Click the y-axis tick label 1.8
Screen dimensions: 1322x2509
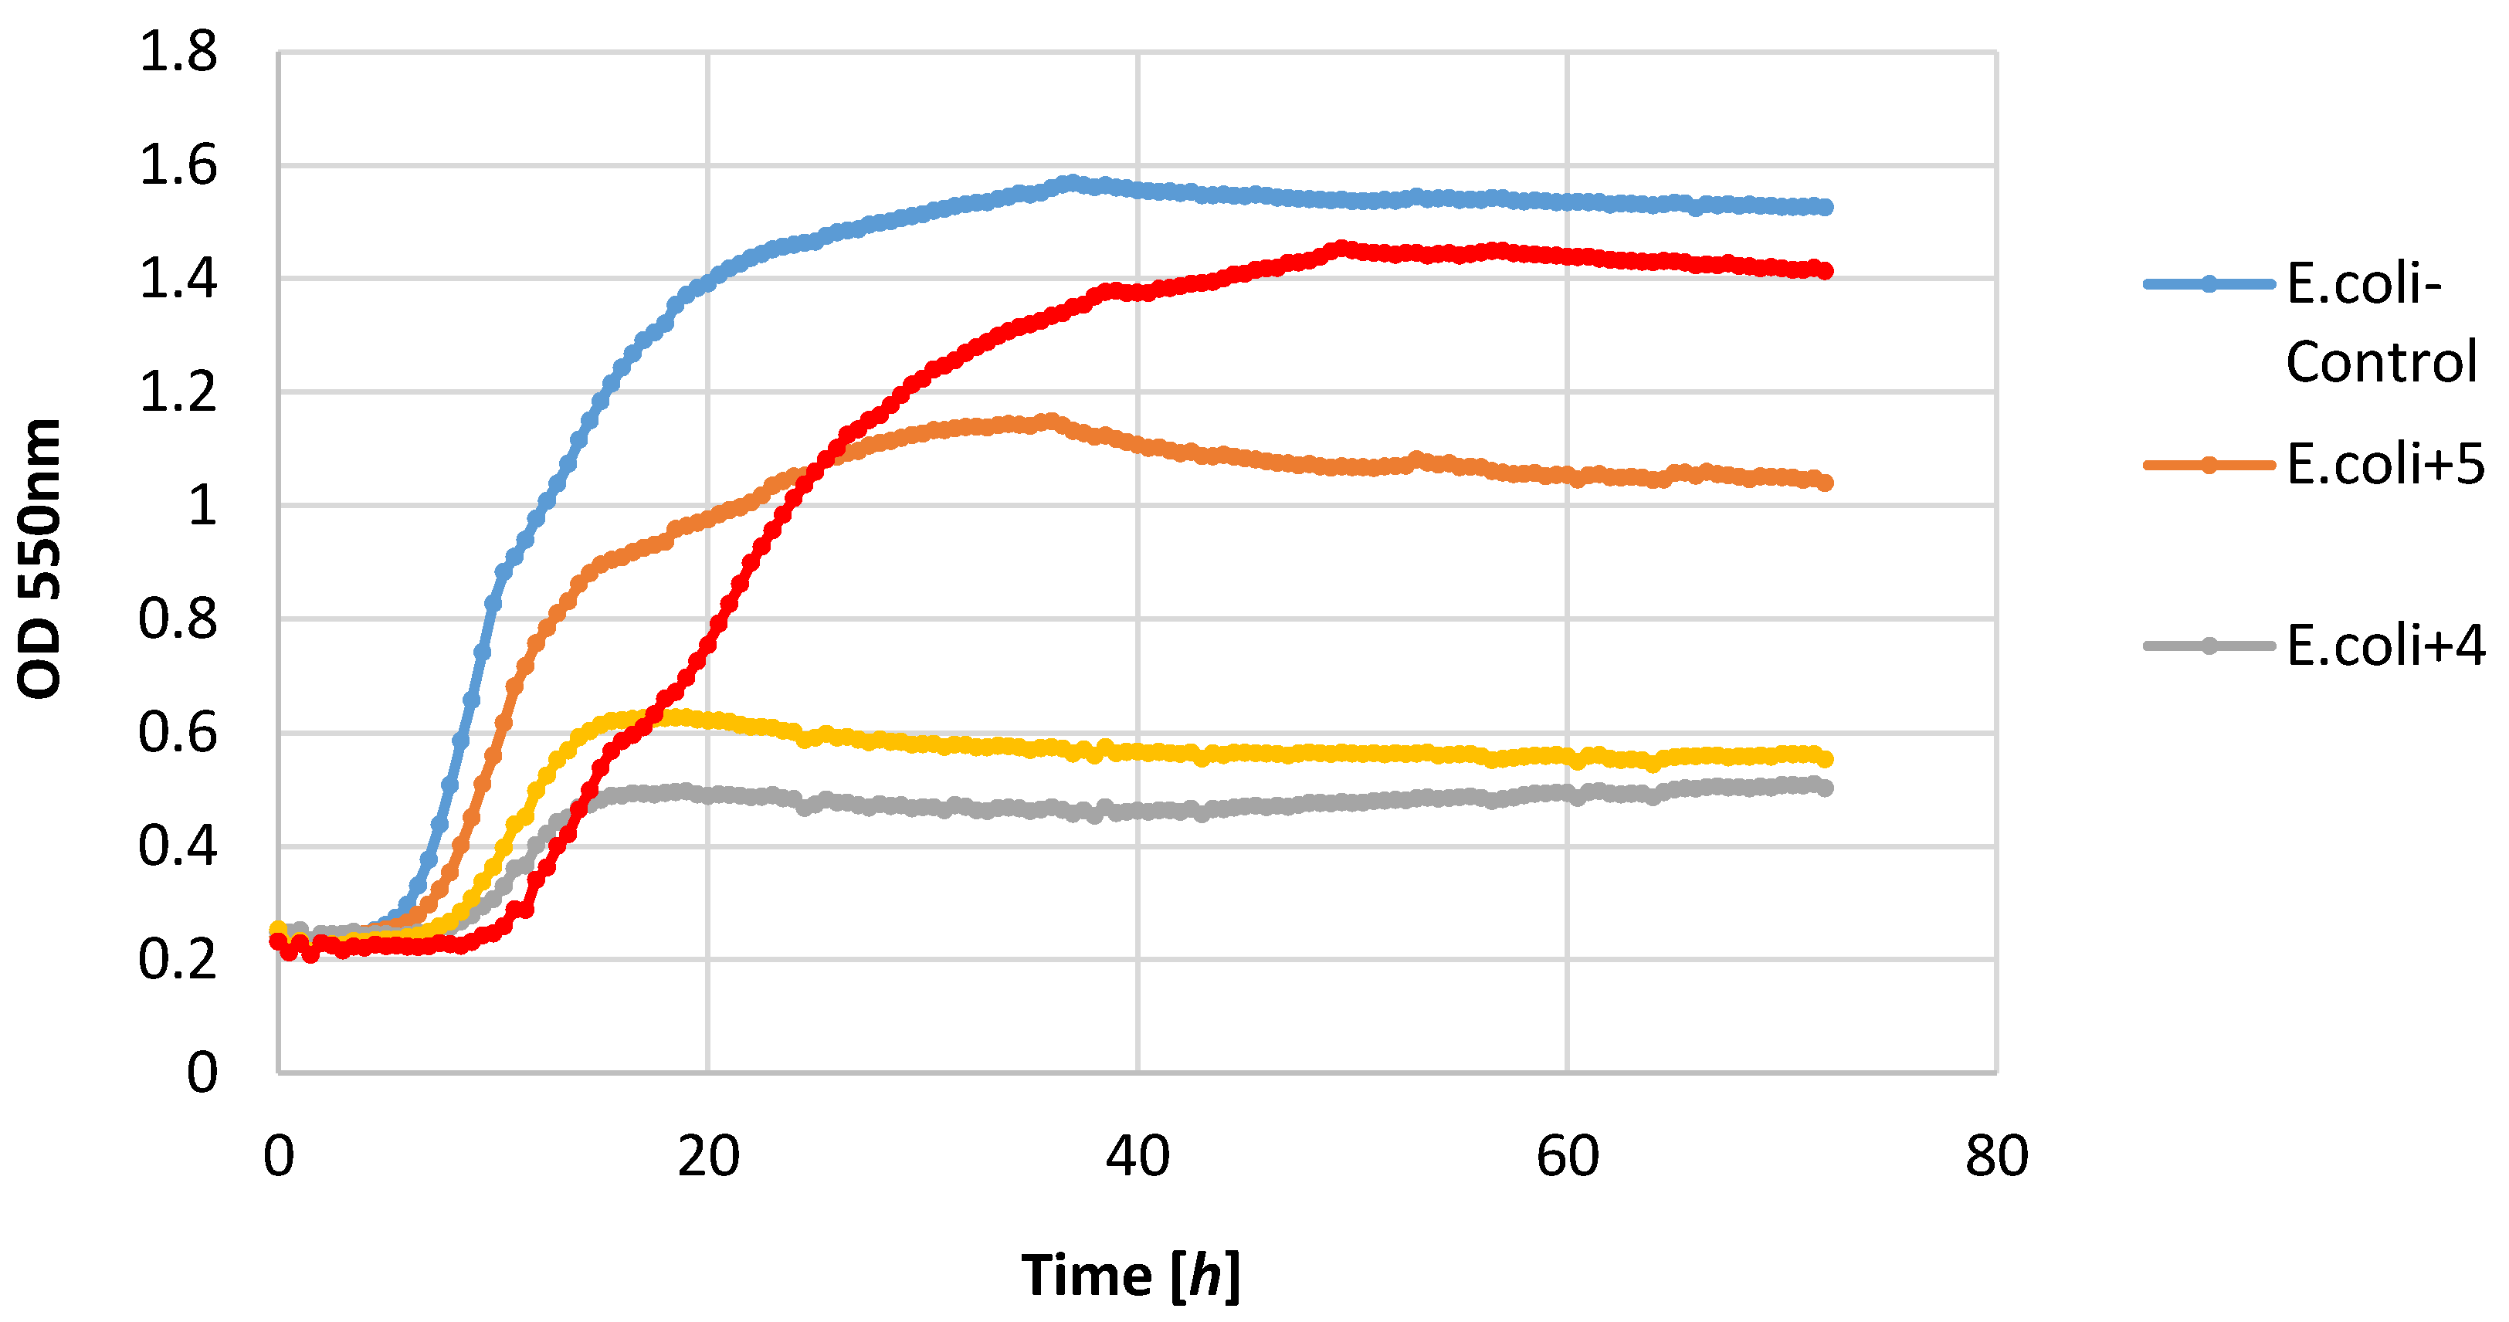click(x=178, y=52)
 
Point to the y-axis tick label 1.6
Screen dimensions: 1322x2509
click(x=178, y=165)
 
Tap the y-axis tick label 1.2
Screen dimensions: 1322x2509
click(x=178, y=392)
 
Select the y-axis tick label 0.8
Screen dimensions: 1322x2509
click(x=178, y=619)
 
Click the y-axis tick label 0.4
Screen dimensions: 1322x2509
click(x=178, y=846)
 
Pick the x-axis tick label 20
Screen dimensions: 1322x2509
click(x=708, y=1158)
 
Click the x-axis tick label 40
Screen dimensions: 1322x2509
click(x=1138, y=1158)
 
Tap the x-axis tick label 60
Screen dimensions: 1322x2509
click(x=1567, y=1158)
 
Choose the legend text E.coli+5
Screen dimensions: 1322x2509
click(x=2385, y=464)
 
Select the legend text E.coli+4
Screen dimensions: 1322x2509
click(x=2385, y=645)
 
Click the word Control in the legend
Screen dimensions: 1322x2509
click(x=2381, y=362)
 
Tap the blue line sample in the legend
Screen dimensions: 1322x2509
click(x=2209, y=283)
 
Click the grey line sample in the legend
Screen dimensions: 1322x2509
click(x=2209, y=645)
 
